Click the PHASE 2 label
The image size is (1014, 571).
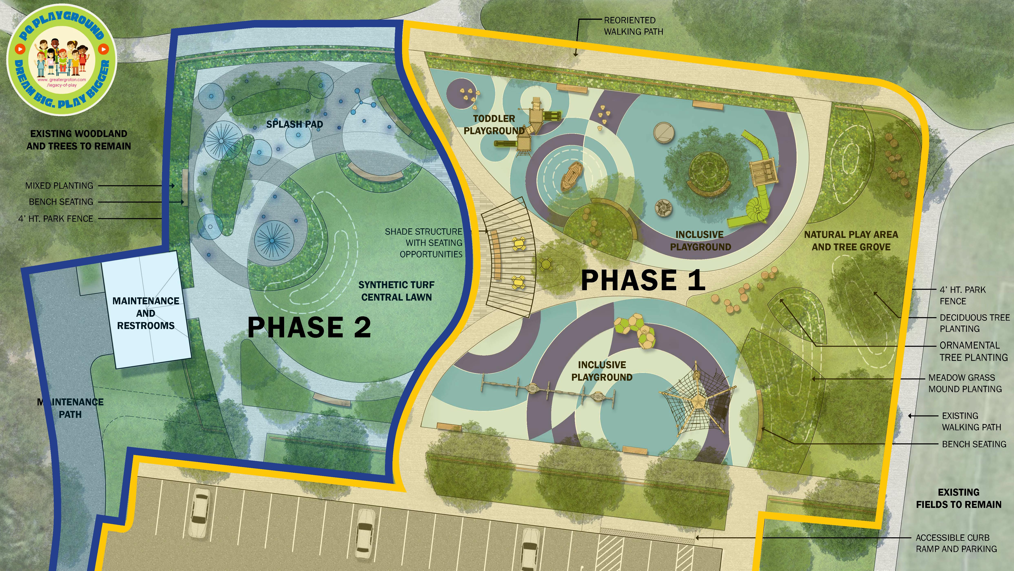pyautogui.click(x=309, y=327)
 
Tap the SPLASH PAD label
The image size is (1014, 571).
pyautogui.click(x=294, y=124)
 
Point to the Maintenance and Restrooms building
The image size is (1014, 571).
pyautogui.click(x=146, y=311)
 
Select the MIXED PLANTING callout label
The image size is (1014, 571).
pyautogui.click(x=59, y=186)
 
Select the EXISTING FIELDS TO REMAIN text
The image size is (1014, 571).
pyautogui.click(x=959, y=499)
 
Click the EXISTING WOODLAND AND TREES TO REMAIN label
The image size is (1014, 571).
pyautogui.click(x=79, y=140)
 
